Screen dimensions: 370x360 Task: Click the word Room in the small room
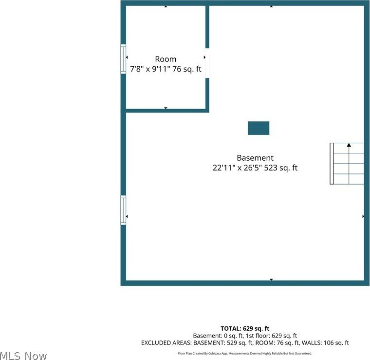[x=166, y=59]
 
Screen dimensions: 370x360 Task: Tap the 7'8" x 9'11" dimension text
[x=150, y=69]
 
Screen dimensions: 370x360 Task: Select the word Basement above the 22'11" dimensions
[x=255, y=158]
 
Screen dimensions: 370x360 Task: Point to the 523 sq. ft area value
[x=281, y=168]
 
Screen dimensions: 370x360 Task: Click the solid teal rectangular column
[x=259, y=128]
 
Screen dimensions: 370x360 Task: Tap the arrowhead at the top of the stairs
[x=349, y=145]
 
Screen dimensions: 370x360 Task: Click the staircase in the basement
[x=347, y=163]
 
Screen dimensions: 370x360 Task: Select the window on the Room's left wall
[x=123, y=59]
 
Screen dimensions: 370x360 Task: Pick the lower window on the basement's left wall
[x=123, y=210]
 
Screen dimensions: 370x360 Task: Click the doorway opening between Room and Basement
[x=207, y=63]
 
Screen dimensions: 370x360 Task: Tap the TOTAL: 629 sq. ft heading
[x=245, y=328]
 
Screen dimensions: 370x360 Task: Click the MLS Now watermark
[x=23, y=356]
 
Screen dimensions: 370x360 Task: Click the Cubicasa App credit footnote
[x=245, y=353]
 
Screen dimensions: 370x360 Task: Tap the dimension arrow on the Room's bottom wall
[x=166, y=108]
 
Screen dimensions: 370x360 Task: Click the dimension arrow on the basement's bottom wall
[x=271, y=280]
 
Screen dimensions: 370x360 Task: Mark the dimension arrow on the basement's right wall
[x=363, y=216]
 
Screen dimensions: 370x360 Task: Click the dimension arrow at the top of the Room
[x=166, y=6]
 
